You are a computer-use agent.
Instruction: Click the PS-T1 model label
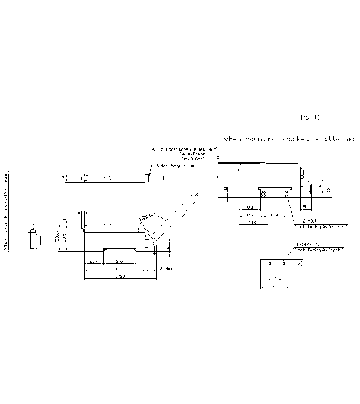pyautogui.click(x=310, y=117)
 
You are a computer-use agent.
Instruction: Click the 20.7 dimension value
pyautogui.click(x=93, y=261)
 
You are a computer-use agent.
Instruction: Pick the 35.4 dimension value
pyautogui.click(x=120, y=261)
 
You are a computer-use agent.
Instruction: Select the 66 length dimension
pyautogui.click(x=116, y=269)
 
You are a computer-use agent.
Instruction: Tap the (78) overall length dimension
pyautogui.click(x=120, y=276)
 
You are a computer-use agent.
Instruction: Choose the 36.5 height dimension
pyautogui.click(x=218, y=179)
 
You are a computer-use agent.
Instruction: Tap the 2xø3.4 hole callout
pyautogui.click(x=309, y=220)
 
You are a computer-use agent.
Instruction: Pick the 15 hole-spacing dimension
pyautogui.click(x=275, y=278)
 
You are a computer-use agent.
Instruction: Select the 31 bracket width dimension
pyautogui.click(x=274, y=285)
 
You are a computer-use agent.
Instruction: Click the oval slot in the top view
pyautogui.click(x=107, y=178)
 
